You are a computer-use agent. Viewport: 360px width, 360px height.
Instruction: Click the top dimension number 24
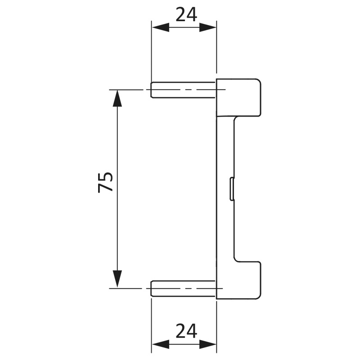pos(186,15)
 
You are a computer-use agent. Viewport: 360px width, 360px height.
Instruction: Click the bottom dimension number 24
pos(186,331)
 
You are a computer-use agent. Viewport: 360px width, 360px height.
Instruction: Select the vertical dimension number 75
pos(106,182)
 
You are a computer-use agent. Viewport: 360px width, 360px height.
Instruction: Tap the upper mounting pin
pos(184,90)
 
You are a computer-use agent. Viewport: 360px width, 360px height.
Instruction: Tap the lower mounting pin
pos(184,288)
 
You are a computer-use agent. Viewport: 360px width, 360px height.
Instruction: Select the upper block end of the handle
pos(238,97)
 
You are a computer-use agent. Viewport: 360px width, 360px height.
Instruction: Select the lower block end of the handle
pos(238,280)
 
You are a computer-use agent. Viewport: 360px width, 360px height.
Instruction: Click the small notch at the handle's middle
pos(231,189)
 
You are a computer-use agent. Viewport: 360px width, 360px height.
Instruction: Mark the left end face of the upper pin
pos(151,90)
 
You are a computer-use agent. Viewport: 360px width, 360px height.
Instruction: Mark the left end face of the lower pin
pos(151,288)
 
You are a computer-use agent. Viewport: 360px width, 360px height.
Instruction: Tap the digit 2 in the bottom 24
pos(180,331)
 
